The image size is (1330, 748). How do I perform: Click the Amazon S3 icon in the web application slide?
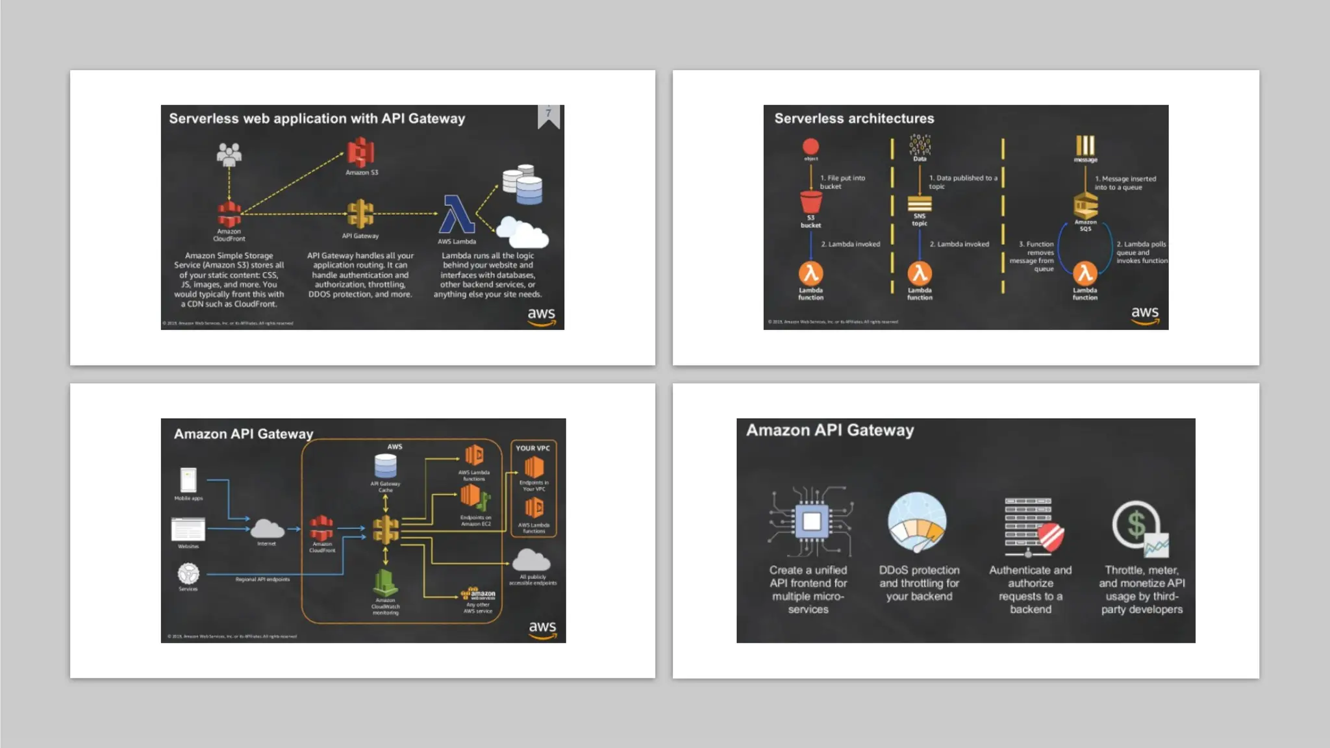pos(360,152)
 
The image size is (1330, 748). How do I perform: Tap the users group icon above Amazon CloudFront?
pos(229,155)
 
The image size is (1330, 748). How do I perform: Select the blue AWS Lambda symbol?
pos(457,214)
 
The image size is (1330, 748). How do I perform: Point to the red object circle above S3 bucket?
pos(810,146)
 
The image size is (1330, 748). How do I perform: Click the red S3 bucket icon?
pos(810,201)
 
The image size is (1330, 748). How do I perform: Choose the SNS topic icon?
pos(920,204)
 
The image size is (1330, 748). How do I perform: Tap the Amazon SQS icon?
pos(1085,206)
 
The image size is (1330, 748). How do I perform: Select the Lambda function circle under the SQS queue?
pos(1085,273)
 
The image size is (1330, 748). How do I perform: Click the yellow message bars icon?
pos(1085,145)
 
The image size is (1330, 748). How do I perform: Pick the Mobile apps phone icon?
pos(188,480)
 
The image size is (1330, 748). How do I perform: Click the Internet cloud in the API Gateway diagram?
pos(267,529)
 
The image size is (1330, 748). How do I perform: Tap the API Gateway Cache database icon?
pos(385,466)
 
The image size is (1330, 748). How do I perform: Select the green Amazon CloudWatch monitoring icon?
pos(385,582)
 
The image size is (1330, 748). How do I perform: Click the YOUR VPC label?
pos(533,448)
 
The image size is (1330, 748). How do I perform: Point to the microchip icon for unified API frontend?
pos(810,521)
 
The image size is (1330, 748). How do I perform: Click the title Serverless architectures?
pos(854,118)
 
